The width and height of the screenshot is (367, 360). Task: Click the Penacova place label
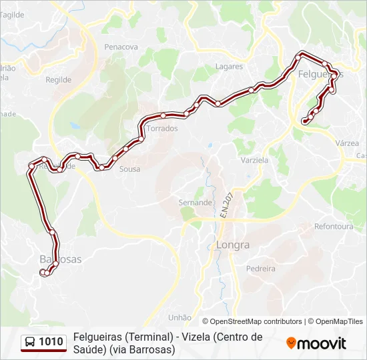click(x=121, y=47)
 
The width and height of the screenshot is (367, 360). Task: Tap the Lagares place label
click(x=229, y=67)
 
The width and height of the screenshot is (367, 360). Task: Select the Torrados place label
click(x=162, y=128)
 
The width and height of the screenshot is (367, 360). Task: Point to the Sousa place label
click(x=129, y=169)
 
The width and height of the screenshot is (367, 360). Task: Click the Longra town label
click(x=233, y=245)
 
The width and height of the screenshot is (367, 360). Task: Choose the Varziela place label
click(x=254, y=161)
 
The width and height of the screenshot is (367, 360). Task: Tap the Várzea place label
click(x=348, y=143)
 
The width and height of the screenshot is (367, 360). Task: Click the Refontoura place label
click(x=334, y=227)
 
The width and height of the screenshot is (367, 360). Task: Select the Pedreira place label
click(x=260, y=269)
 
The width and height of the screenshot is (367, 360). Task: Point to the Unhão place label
click(x=180, y=317)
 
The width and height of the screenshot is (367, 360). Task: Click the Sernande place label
click(x=195, y=202)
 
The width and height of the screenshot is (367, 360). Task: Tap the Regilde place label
click(x=58, y=79)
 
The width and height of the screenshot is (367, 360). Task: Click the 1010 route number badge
click(x=51, y=342)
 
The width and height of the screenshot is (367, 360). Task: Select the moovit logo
click(x=316, y=343)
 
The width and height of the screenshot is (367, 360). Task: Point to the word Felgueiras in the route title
click(x=99, y=337)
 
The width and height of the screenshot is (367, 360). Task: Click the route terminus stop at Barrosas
click(x=43, y=272)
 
